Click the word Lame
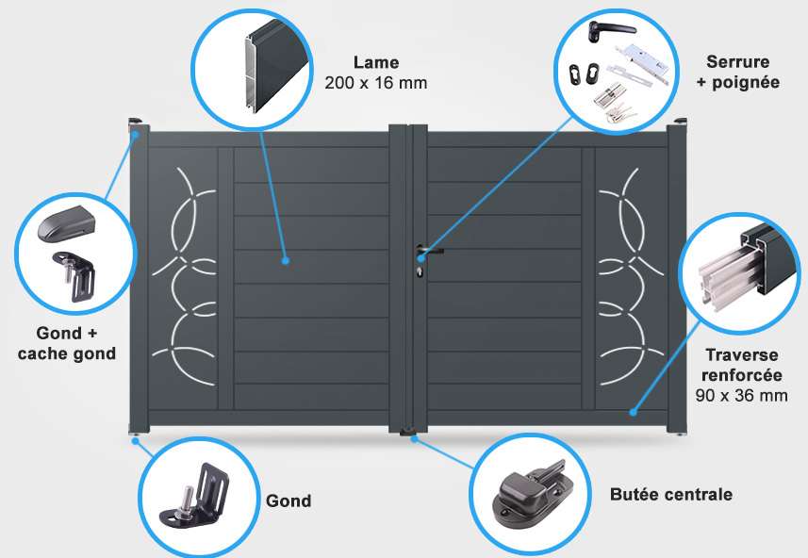pyautogui.click(x=376, y=62)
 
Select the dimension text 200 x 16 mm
pyautogui.click(x=376, y=82)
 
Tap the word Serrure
pyautogui.click(x=738, y=62)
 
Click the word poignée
pyautogui.click(x=746, y=82)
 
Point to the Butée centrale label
pyautogui.click(x=671, y=494)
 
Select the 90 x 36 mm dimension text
pyautogui.click(x=741, y=395)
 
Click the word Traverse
pyautogui.click(x=741, y=355)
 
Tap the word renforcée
pyautogui.click(x=741, y=375)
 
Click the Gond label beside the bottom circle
pyautogui.click(x=289, y=501)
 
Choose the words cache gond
pyautogui.click(x=67, y=354)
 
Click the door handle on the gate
pyautogui.click(x=429, y=252)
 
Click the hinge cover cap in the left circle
pyautogui.click(x=67, y=223)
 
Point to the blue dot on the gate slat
pyautogui.click(x=286, y=261)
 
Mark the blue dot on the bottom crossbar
pyautogui.click(x=634, y=412)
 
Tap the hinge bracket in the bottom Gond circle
pyautogui.click(x=195, y=494)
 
